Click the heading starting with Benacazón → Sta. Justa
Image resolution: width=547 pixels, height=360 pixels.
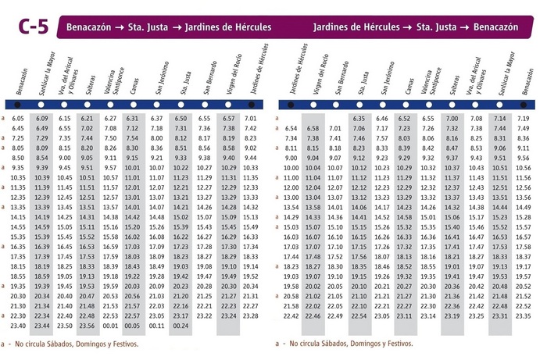point(169,27)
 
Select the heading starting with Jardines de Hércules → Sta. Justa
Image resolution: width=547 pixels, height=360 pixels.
point(415,27)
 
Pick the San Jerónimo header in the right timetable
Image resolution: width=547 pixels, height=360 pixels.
point(386,78)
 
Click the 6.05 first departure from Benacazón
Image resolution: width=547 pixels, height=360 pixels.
point(18,119)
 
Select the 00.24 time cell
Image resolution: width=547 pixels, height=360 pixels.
point(181,326)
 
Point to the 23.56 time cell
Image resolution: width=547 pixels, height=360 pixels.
point(87,326)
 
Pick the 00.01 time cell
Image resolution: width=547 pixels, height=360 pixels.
point(110,326)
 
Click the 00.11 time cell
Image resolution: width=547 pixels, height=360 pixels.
point(157,326)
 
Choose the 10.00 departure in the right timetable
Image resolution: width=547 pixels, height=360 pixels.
point(291,168)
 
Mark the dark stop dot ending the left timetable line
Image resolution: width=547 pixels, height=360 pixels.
point(251,105)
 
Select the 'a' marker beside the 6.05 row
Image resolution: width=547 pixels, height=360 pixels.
point(3,119)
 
